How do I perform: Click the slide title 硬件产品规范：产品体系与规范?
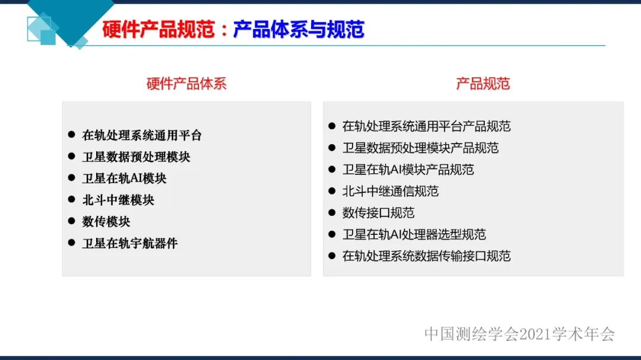point(233,30)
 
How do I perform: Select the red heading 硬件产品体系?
point(186,84)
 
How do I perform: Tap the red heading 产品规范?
point(483,84)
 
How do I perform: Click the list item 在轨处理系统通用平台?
point(142,135)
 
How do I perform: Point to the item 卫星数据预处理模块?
point(136,157)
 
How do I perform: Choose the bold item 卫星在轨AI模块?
point(124,179)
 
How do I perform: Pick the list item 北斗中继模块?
point(118,200)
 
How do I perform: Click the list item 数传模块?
point(106,222)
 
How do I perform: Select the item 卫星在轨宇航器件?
point(130,243)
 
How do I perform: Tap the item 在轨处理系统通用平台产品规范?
point(426,126)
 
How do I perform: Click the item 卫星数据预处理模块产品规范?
point(420,148)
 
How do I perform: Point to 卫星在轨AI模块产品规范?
point(408,170)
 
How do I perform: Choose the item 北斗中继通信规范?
point(390,191)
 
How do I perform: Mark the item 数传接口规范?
point(378,212)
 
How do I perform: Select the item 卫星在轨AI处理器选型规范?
point(414,234)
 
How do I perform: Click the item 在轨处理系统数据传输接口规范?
point(426,256)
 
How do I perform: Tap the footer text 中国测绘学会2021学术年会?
point(519,334)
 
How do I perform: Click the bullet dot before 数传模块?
point(71,221)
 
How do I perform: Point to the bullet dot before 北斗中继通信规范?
point(332,191)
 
